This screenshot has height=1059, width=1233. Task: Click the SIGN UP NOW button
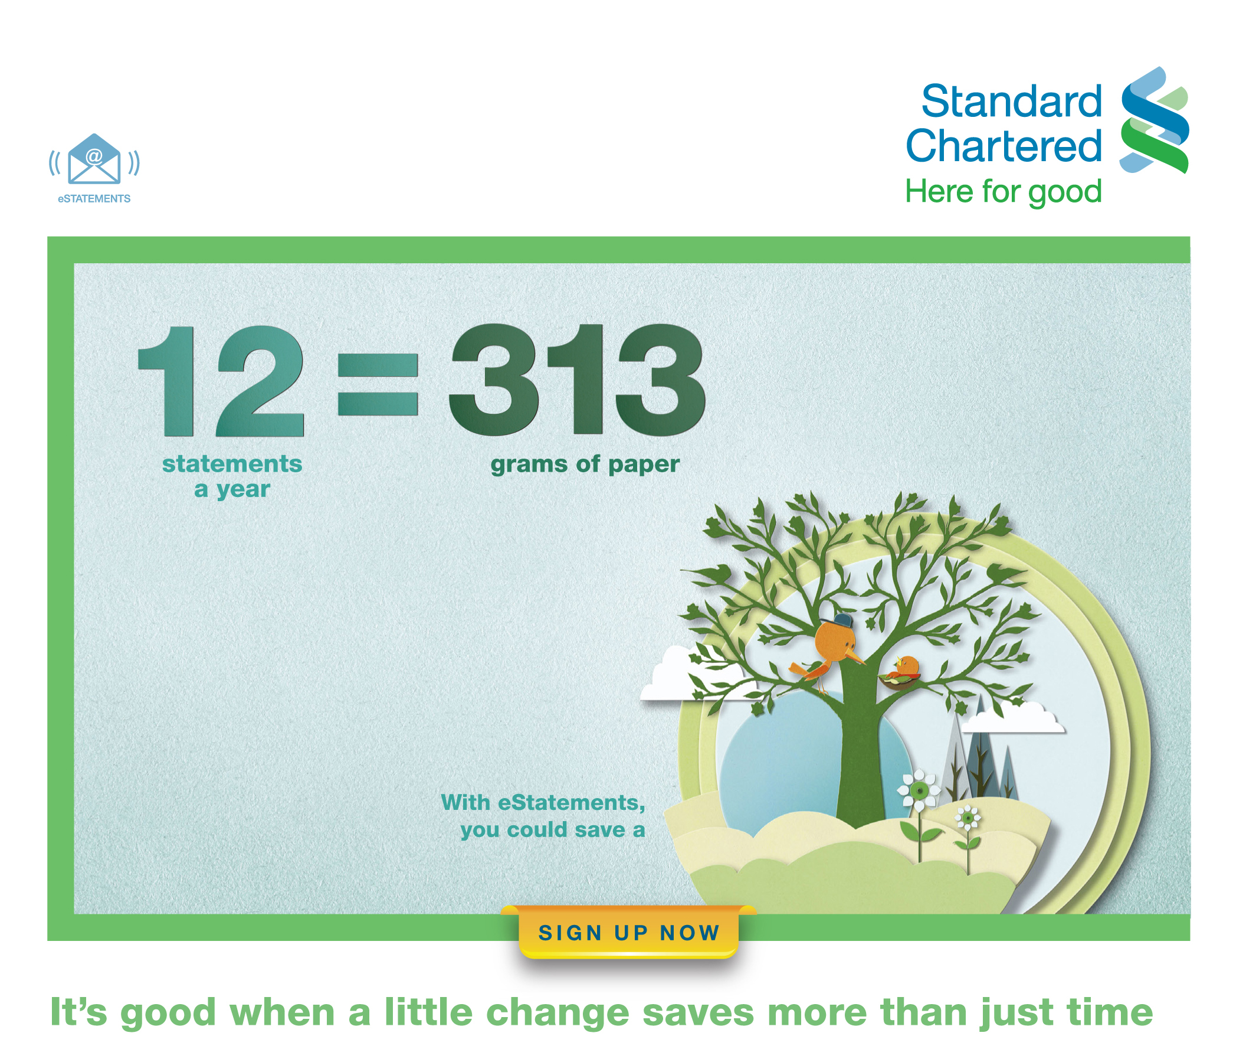click(x=628, y=932)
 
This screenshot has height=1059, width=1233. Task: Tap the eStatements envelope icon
click(x=94, y=159)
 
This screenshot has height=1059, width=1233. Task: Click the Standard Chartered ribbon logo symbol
click(x=1155, y=120)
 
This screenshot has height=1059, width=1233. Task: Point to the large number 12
click(x=221, y=381)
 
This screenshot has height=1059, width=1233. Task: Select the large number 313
click(x=576, y=378)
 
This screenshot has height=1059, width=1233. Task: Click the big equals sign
click(x=378, y=384)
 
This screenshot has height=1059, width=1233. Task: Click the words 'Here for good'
click(x=1004, y=192)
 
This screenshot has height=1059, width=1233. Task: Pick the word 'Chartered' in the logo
click(x=1004, y=145)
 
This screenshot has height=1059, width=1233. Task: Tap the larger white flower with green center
click(x=919, y=790)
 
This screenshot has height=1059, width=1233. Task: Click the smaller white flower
click(x=968, y=819)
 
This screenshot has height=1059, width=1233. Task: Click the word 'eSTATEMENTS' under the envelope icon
click(x=94, y=199)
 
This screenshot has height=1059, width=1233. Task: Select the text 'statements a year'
click(x=232, y=476)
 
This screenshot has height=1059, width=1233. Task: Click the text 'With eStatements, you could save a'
click(x=543, y=816)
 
